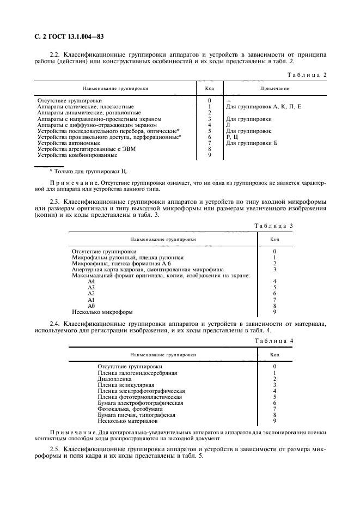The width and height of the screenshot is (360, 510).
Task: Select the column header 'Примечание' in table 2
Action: click(x=274, y=88)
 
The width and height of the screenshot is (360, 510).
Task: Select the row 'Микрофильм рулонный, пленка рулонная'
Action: click(x=128, y=257)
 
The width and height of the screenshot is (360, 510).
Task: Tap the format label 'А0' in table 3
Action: click(x=91, y=306)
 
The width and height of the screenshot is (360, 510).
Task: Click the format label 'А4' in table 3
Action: click(x=91, y=281)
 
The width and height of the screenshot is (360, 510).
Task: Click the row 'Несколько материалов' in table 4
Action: click(x=127, y=421)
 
